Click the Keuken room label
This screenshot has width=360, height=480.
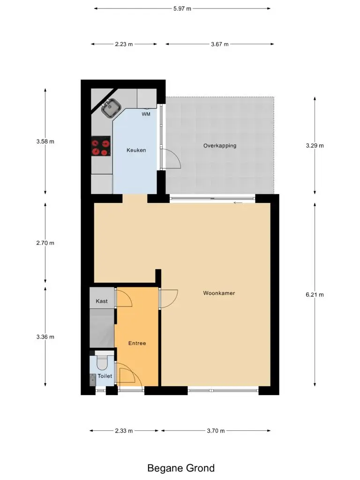pyautogui.click(x=136, y=150)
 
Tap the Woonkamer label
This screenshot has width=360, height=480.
pyautogui.click(x=219, y=293)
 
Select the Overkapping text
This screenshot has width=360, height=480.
pyautogui.click(x=220, y=146)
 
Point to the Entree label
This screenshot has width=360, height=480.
pyautogui.click(x=137, y=343)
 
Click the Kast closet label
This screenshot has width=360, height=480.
pyautogui.click(x=102, y=301)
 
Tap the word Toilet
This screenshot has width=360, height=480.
pyautogui.click(x=105, y=376)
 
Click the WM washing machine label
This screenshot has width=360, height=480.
pyautogui.click(x=146, y=114)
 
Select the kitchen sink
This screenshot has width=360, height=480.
pyautogui.click(x=112, y=108)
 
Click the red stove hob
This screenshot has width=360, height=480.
pyautogui.click(x=101, y=146)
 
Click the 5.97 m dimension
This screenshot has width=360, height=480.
pyautogui.click(x=182, y=8)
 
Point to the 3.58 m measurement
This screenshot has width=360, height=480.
pyautogui.click(x=45, y=142)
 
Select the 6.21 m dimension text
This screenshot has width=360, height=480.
pyautogui.click(x=315, y=295)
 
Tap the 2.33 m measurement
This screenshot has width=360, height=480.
pyautogui.click(x=124, y=431)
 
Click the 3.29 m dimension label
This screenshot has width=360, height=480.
pyautogui.click(x=315, y=146)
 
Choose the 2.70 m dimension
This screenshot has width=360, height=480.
pyautogui.click(x=45, y=243)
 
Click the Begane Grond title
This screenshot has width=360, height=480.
pyautogui.click(x=181, y=468)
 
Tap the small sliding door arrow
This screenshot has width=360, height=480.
pyautogui.click(x=238, y=202)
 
